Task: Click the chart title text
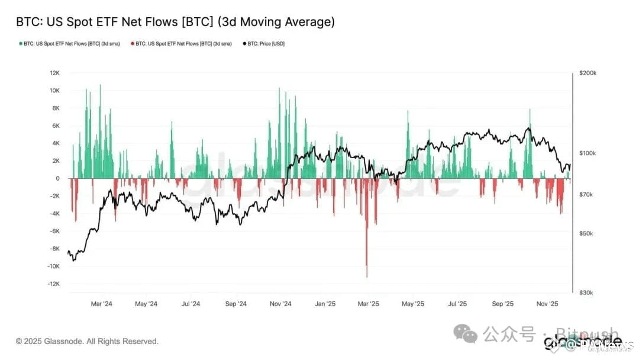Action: [x=175, y=22]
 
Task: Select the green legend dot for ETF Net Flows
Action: [x=21, y=44]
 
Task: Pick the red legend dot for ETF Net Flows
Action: [x=132, y=44]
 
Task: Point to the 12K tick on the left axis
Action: [x=54, y=73]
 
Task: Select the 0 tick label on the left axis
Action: [x=57, y=178]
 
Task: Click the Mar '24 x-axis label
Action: [x=101, y=304]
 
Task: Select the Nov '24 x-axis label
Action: [x=280, y=304]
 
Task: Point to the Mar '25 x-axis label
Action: [x=368, y=304]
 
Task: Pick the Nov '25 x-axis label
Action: [x=547, y=304]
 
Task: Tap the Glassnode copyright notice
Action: [x=87, y=342]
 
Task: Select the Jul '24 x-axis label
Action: [x=191, y=304]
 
